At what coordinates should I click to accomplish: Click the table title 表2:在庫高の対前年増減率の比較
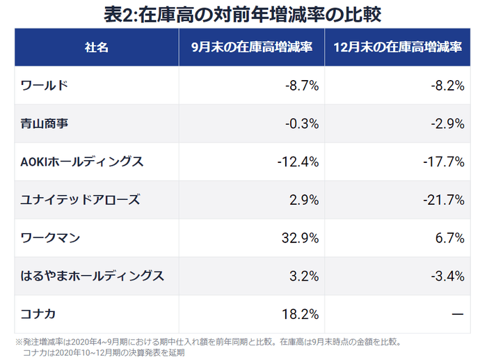tap(243, 14)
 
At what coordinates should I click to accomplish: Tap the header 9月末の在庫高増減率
tap(251, 48)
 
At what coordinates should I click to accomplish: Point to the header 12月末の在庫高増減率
tap(398, 48)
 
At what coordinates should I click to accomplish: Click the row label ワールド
tap(45, 86)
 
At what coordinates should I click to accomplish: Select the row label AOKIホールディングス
tap(82, 162)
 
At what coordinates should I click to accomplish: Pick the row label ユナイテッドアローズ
tap(81, 200)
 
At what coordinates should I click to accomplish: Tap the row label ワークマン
tap(51, 238)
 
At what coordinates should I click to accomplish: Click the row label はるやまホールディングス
tap(93, 276)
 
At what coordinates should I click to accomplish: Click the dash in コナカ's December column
tap(457, 314)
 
